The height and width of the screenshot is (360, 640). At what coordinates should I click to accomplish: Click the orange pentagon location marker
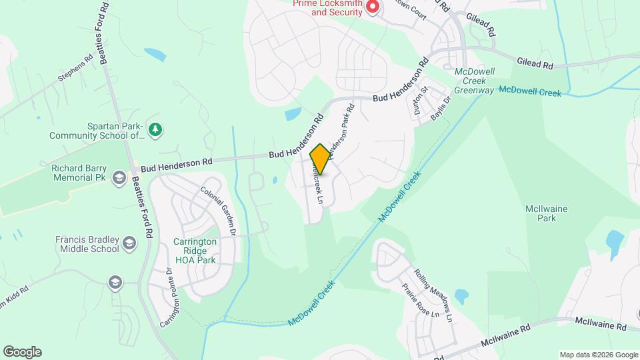pos(320,159)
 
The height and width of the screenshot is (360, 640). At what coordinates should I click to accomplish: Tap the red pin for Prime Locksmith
pos(373,7)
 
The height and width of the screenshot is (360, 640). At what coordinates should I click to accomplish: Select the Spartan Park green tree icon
pos(155,129)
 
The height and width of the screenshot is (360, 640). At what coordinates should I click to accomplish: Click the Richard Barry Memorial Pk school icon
pos(119,177)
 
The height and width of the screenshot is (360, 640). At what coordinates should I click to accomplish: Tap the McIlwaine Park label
pos(546,213)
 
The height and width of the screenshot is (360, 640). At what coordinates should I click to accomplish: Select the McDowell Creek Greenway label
pos(474,81)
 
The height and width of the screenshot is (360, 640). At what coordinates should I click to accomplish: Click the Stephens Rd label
pos(75,67)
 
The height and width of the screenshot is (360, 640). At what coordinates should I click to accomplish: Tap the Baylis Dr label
pos(440,107)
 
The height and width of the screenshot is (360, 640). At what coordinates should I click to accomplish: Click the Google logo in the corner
pos(22,352)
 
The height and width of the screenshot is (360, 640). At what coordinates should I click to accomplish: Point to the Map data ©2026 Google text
pos(599,355)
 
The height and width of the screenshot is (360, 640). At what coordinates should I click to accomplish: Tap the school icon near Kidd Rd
pos(115,282)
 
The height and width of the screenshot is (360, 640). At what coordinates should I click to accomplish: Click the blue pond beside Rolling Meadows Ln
pos(461,296)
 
